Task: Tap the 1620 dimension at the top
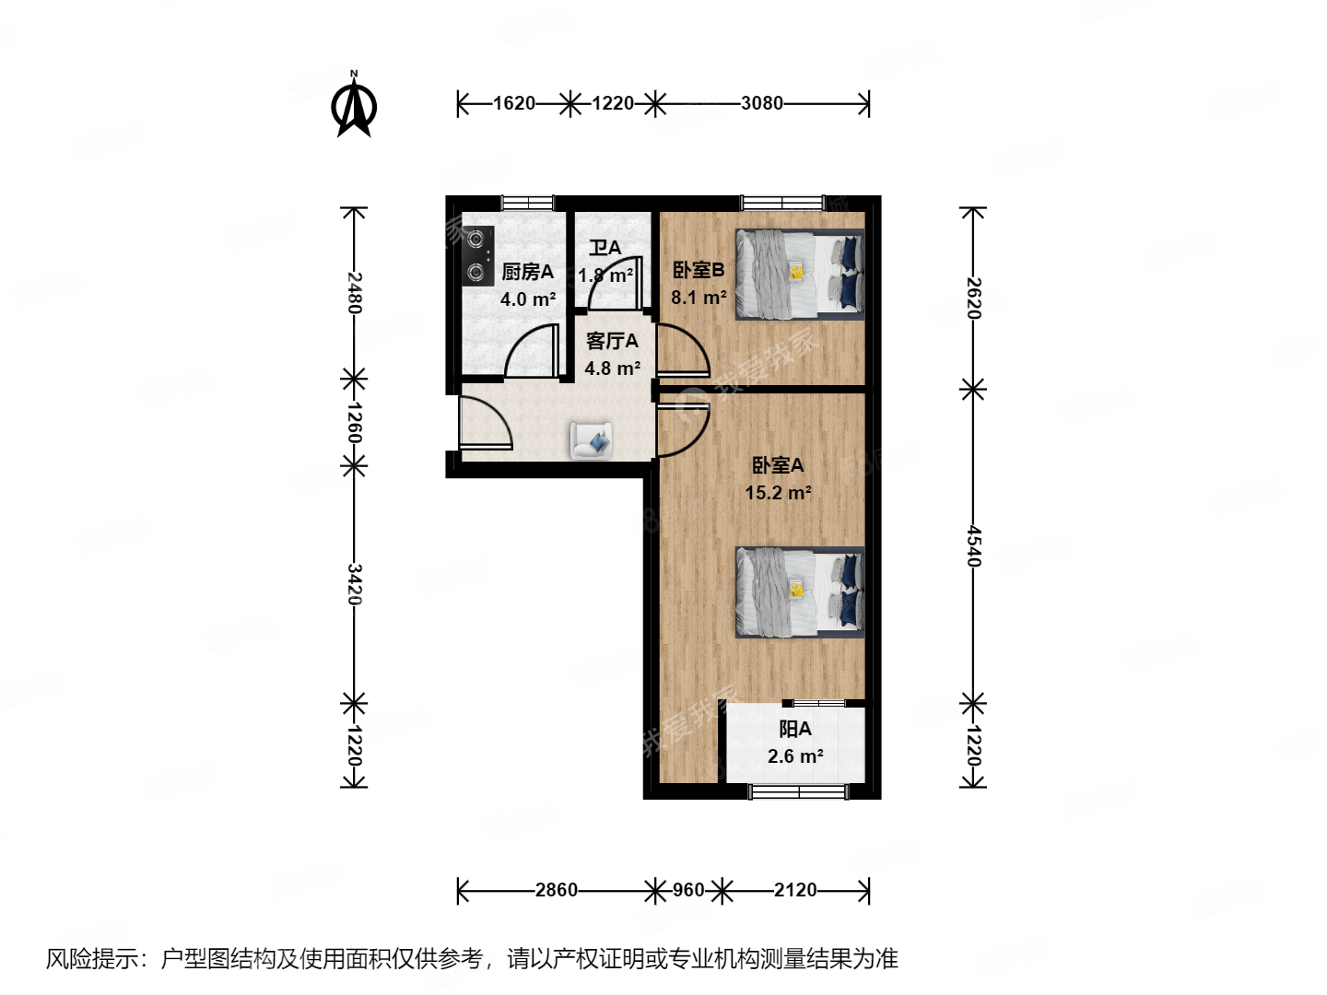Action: pyautogui.click(x=513, y=103)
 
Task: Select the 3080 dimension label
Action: pyautogui.click(x=761, y=103)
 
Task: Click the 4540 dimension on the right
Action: pyautogui.click(x=974, y=546)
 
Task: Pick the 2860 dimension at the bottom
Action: pyautogui.click(x=556, y=890)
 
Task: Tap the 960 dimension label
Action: pyautogui.click(x=688, y=890)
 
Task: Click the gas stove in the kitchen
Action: pyautogui.click(x=476, y=255)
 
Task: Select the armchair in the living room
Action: pyautogui.click(x=591, y=440)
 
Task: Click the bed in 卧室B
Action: pyautogui.click(x=799, y=275)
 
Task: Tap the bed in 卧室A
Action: pyautogui.click(x=799, y=592)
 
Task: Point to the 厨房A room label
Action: pyautogui.click(x=527, y=272)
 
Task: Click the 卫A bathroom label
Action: pyautogui.click(x=605, y=248)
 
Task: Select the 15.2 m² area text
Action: pyautogui.click(x=778, y=493)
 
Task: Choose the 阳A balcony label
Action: pyautogui.click(x=794, y=729)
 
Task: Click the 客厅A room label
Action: pyautogui.click(x=612, y=341)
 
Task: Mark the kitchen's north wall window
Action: pyautogui.click(x=527, y=203)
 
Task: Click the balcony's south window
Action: pyautogui.click(x=798, y=791)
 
